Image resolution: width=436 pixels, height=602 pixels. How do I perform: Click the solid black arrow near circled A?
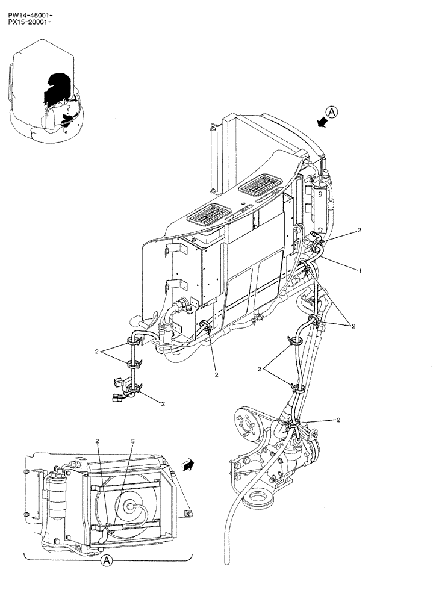pos(322,122)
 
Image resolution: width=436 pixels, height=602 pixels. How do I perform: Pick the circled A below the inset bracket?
pos(106,560)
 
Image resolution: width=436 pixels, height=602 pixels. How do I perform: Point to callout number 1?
pos(360,271)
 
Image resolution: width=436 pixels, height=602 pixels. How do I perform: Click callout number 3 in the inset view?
pos(133,441)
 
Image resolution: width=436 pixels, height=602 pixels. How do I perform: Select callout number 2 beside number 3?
pos(98,441)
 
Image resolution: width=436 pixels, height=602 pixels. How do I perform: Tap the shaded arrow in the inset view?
pos(188,464)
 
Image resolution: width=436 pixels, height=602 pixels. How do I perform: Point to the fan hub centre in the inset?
pos(129,507)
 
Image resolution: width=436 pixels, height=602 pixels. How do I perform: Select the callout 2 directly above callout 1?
pos(359,230)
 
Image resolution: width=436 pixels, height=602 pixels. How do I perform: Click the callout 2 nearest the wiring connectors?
pos(162,403)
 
